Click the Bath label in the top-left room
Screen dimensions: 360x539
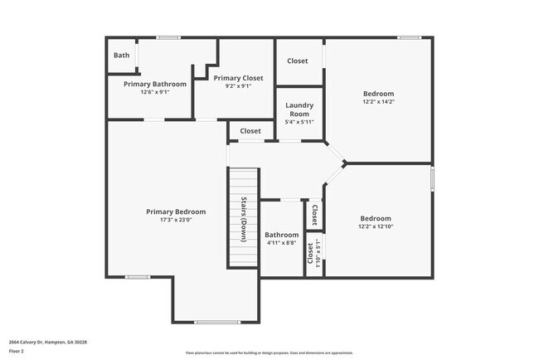[122, 56]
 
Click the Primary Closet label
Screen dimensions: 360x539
[238, 78]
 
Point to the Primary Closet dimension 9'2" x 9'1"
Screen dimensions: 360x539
[238, 86]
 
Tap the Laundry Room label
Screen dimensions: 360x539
[299, 109]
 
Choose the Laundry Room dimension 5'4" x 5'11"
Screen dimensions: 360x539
[299, 122]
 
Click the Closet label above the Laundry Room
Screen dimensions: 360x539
[298, 61]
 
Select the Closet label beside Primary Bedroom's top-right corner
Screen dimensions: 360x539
[250, 131]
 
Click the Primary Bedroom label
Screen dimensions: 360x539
[176, 212]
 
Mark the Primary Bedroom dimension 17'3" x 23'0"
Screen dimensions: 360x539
[176, 220]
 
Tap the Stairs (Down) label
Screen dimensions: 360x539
[245, 217]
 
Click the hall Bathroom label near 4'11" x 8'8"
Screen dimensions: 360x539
[282, 235]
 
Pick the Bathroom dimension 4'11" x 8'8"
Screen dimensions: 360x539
[282, 243]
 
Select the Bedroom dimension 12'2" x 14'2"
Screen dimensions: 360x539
[378, 102]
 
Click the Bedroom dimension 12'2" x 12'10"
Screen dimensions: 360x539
[378, 226]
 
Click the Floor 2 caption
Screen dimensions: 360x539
[17, 349]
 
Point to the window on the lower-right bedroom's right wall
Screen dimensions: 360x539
[432, 179]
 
